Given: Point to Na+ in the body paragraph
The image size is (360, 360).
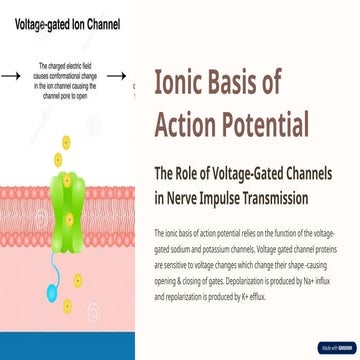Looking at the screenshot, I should [x=337, y=284].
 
